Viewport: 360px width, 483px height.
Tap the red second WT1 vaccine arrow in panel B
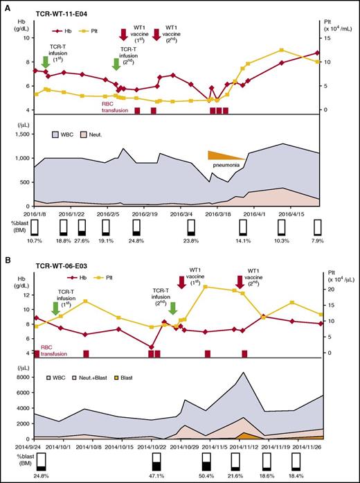click(x=240, y=281)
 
